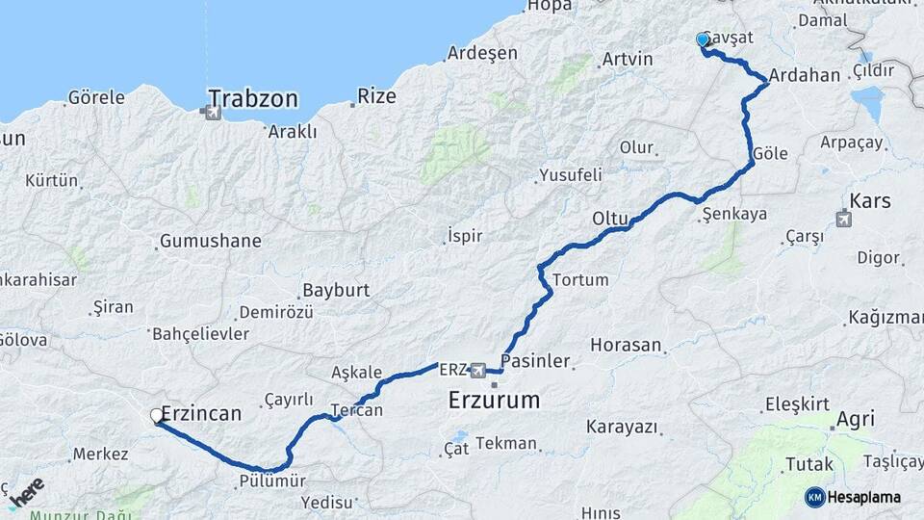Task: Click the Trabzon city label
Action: [253, 98]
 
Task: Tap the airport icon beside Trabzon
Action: [212, 113]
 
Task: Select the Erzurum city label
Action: [494, 400]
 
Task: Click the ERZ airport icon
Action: [477, 370]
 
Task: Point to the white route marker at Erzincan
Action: [157, 416]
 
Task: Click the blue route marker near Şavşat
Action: [703, 39]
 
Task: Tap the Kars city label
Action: [870, 201]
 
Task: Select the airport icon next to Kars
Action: [844, 219]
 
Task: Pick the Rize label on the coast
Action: [376, 95]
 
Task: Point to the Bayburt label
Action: [336, 290]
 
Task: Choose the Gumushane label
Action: [211, 241]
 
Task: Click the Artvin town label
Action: [627, 59]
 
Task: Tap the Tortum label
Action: [580, 280]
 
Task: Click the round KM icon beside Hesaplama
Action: [814, 497]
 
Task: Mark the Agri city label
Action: [855, 419]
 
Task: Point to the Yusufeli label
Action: [570, 175]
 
